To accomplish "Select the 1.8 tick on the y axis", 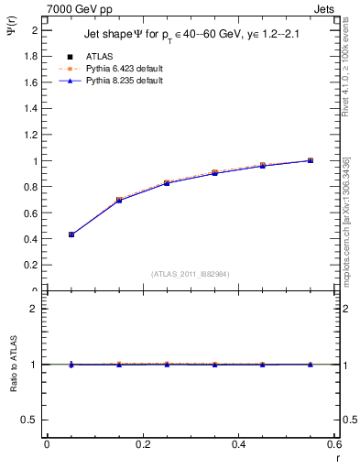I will [32, 56].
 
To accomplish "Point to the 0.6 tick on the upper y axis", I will [32, 213].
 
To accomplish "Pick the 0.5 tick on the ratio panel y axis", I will [32, 420].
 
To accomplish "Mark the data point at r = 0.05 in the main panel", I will [71, 234].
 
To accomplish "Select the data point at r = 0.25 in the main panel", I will [167, 183].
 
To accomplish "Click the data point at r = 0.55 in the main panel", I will [311, 160].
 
